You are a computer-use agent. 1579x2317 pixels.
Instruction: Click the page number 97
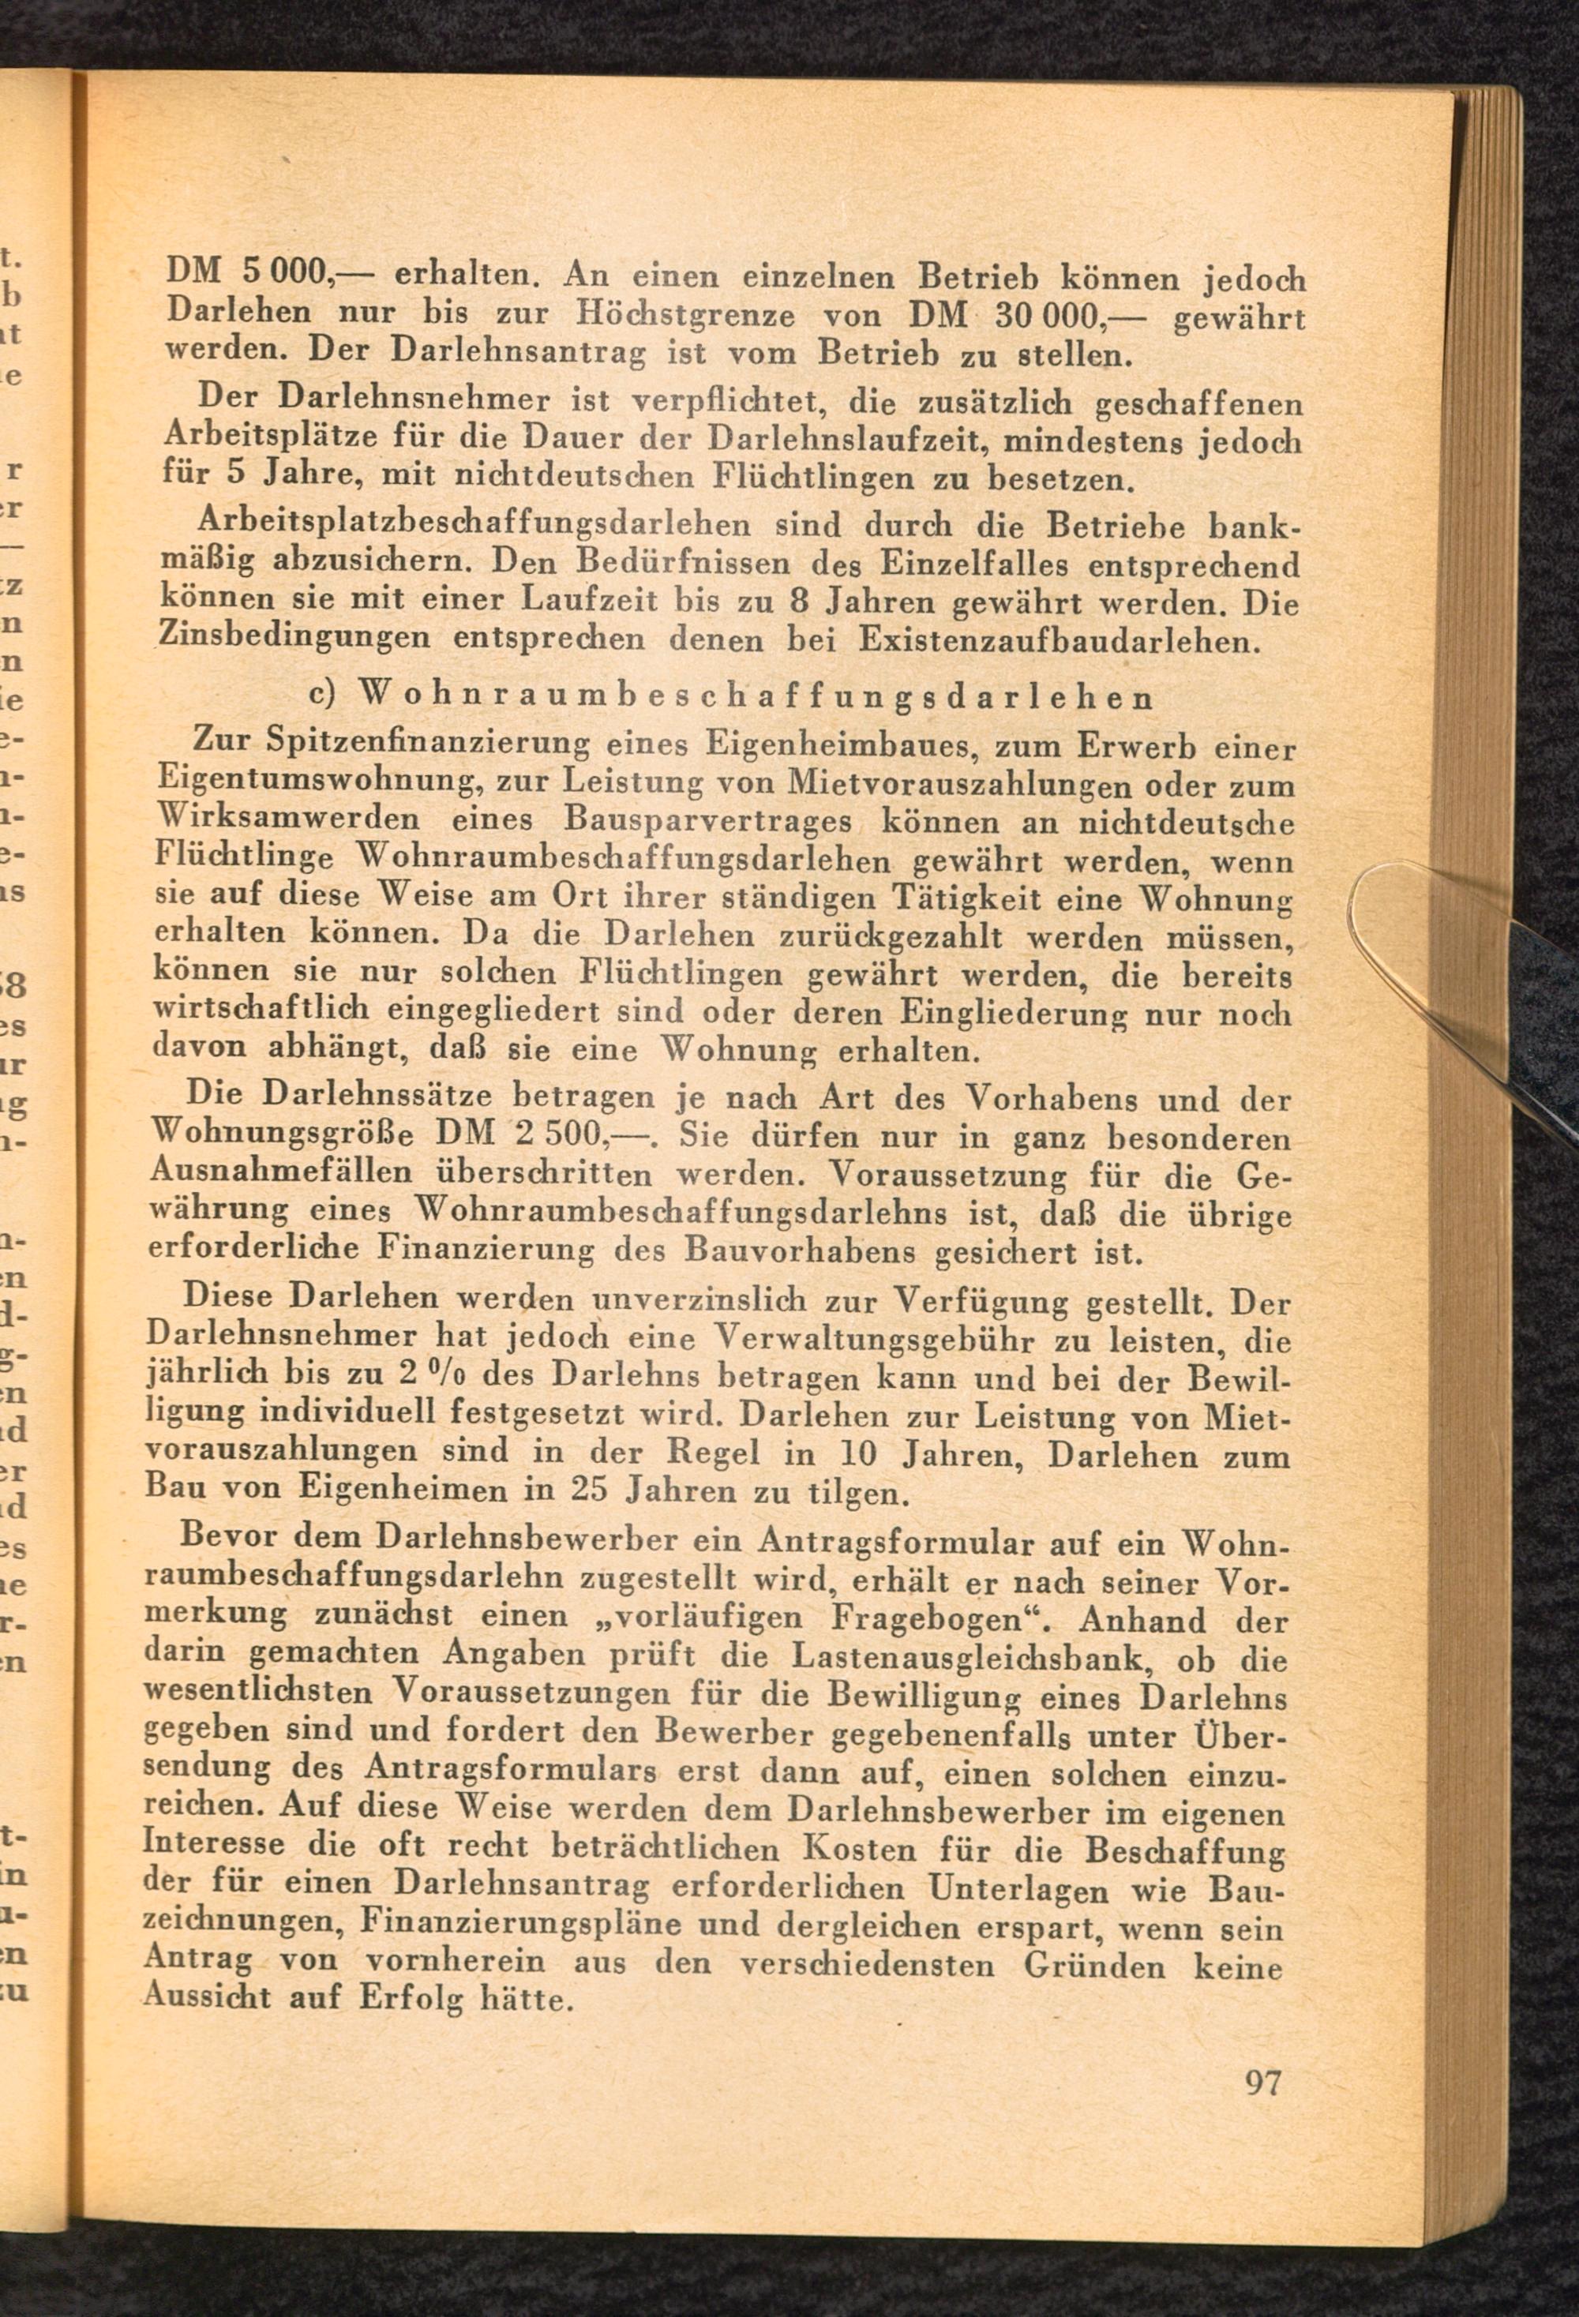pyautogui.click(x=1262, y=2082)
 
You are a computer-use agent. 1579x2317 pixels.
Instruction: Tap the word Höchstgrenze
pyautogui.click(x=686, y=315)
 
